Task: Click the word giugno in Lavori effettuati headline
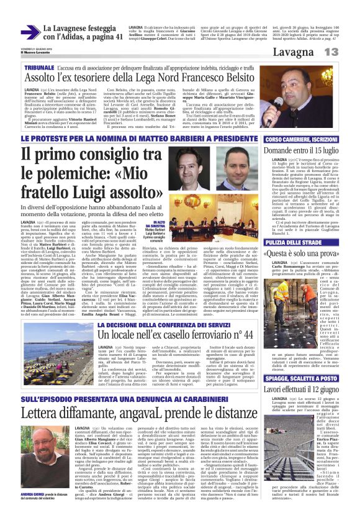click(325, 389)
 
